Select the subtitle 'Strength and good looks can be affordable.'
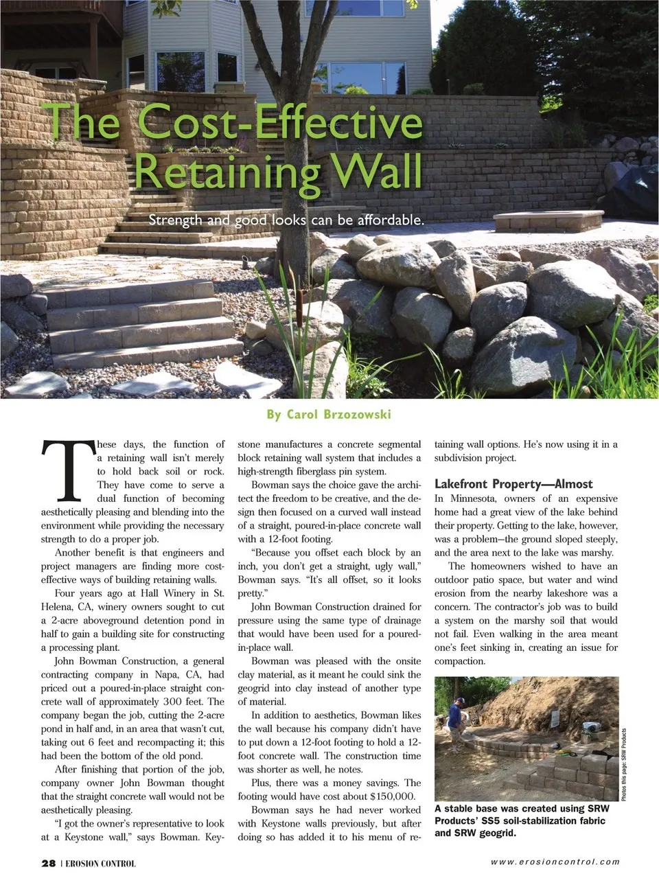click(287, 220)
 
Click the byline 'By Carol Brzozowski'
click(329, 414)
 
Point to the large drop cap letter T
click(67, 470)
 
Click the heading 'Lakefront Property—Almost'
click(513, 483)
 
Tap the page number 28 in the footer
click(48, 863)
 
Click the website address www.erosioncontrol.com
click(555, 862)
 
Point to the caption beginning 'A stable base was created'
click(522, 820)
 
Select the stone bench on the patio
click(546, 221)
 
